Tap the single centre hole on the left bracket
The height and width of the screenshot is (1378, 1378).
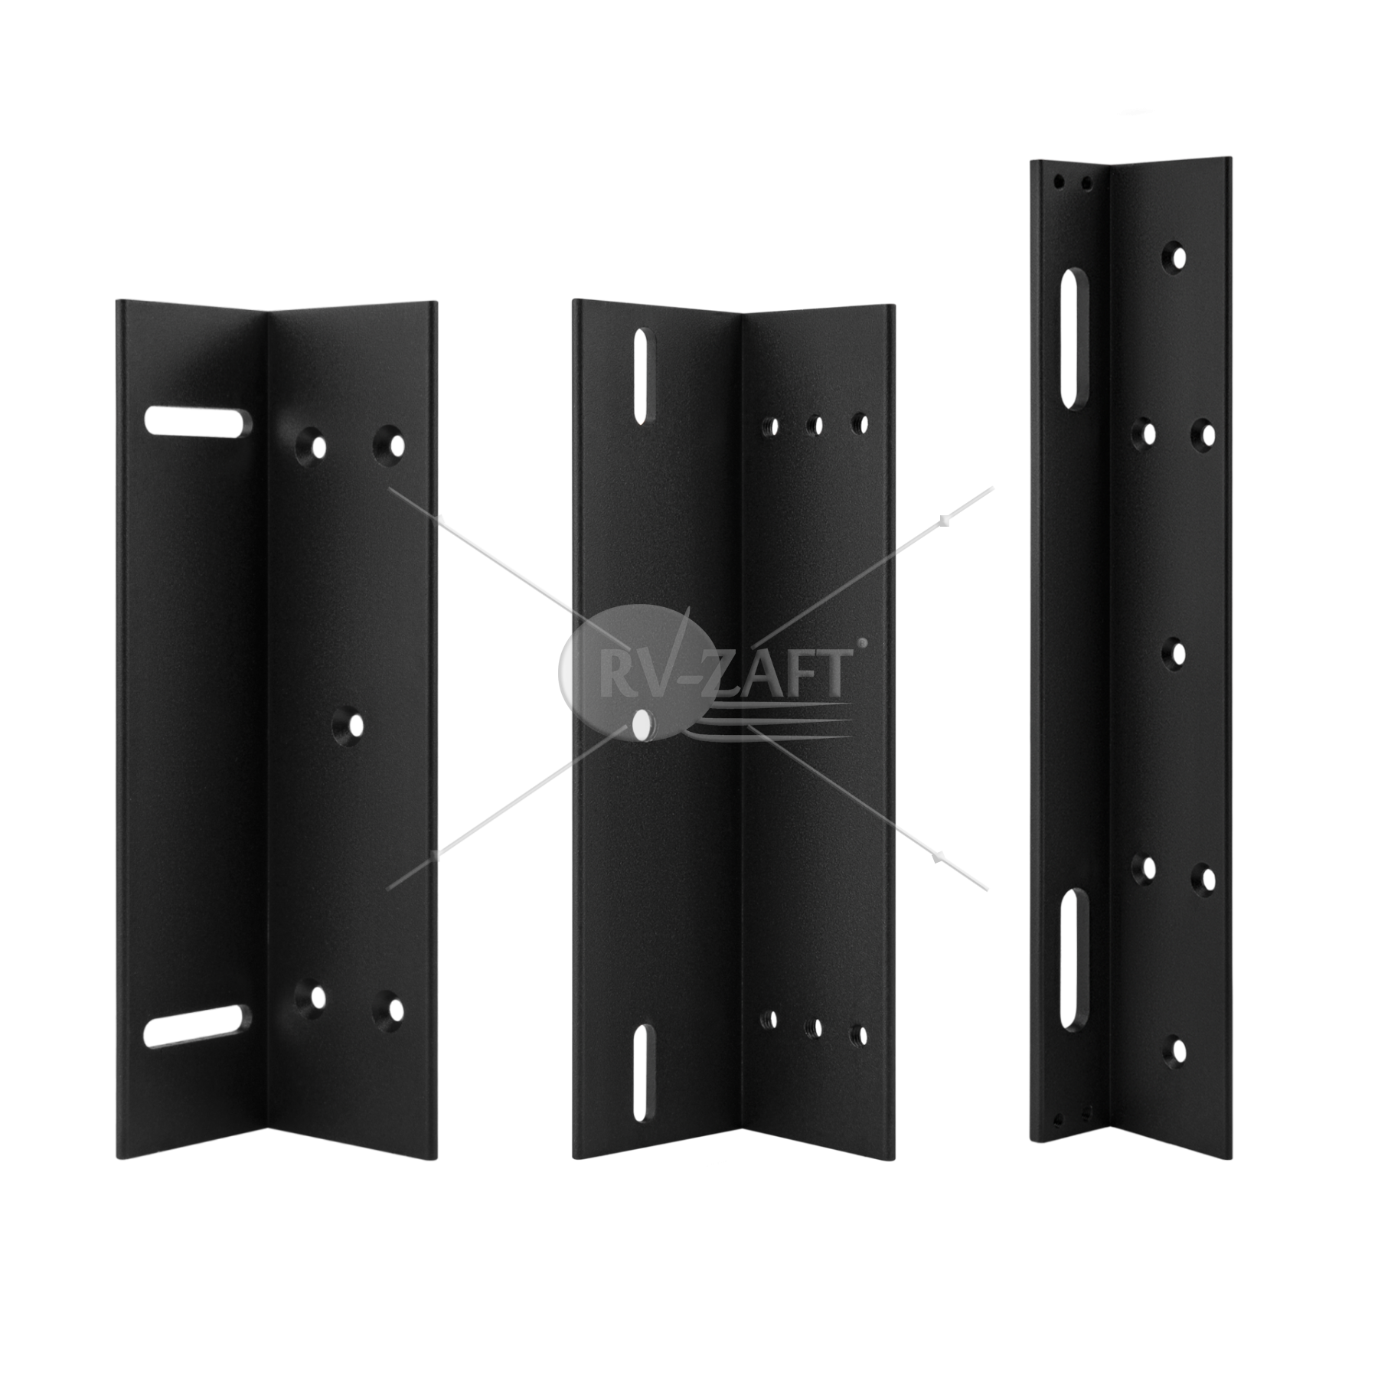click(x=353, y=725)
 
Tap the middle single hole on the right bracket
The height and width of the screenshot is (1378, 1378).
click(x=1177, y=654)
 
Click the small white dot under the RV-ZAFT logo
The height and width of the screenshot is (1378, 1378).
click(x=640, y=726)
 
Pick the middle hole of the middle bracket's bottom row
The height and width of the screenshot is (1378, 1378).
click(x=816, y=1027)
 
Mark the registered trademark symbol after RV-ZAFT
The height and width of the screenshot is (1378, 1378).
click(x=865, y=645)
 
